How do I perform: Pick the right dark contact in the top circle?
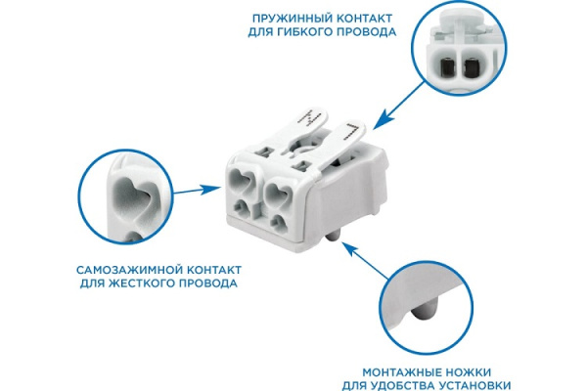(472, 67)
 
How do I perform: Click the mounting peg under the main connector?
(333, 236)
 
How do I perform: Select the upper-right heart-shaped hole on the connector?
(278, 191)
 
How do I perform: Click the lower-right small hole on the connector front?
(278, 222)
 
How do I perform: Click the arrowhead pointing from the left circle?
(211, 189)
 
